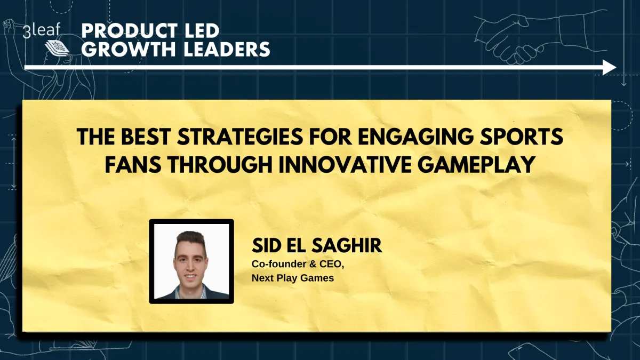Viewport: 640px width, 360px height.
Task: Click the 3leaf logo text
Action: pos(42,31)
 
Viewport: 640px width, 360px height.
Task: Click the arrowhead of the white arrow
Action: pos(610,67)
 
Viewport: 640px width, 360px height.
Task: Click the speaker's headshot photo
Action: pos(191,261)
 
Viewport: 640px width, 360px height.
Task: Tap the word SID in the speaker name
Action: pos(266,246)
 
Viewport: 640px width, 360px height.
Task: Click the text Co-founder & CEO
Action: pos(294,265)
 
